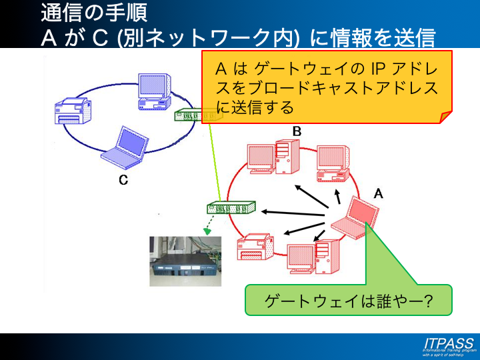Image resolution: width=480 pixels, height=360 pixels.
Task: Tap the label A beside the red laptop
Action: (x=379, y=193)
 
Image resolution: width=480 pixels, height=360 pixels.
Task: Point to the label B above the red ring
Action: (x=297, y=132)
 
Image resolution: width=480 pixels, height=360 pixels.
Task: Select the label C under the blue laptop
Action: (x=123, y=180)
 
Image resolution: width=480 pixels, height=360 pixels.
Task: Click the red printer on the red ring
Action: (x=254, y=246)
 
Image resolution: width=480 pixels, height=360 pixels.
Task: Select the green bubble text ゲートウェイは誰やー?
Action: (x=349, y=300)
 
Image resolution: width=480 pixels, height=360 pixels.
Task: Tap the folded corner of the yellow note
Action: (x=445, y=117)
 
